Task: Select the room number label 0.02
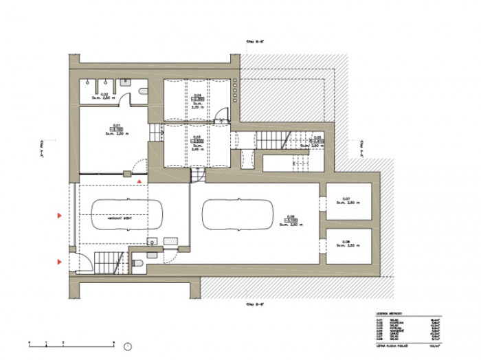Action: click(105, 93)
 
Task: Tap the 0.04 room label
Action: click(197, 95)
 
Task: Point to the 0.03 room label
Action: click(197, 137)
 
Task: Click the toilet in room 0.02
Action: click(141, 91)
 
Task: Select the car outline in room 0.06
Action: click(238, 215)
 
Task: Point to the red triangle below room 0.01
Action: click(140, 180)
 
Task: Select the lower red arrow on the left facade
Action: click(59, 262)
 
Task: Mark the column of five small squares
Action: click(235, 88)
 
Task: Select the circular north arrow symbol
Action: click(128, 344)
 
